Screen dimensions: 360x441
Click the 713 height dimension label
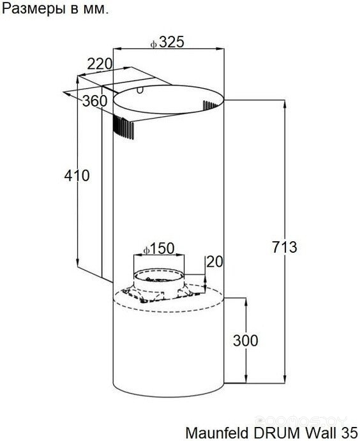pyautogui.click(x=284, y=248)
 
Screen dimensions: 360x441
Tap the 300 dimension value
pyautogui.click(x=245, y=341)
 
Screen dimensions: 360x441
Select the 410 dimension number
pyautogui.click(x=77, y=176)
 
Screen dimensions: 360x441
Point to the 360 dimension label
pyautogui.click(x=94, y=101)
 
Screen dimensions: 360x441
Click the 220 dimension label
pyautogui.click(x=100, y=64)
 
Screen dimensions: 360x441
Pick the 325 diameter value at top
pyautogui.click(x=172, y=42)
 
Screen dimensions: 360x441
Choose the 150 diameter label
pyautogui.click(x=163, y=248)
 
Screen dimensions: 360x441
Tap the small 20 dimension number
pyautogui.click(x=214, y=262)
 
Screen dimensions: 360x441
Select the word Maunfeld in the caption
pyautogui.click(x=214, y=433)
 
